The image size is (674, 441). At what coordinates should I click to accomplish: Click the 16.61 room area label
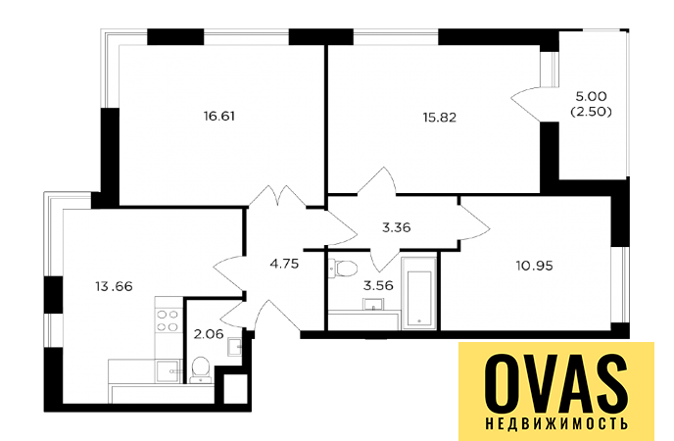click(219, 117)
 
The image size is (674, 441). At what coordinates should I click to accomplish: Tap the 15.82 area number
click(439, 118)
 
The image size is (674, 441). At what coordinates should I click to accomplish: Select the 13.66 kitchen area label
click(114, 286)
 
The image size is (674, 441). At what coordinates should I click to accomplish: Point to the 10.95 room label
click(534, 266)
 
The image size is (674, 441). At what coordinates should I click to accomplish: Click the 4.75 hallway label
click(284, 264)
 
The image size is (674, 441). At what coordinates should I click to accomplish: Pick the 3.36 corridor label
click(397, 227)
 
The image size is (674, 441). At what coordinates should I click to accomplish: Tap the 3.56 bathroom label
click(378, 285)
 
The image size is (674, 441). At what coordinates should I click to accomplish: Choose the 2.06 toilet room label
click(209, 334)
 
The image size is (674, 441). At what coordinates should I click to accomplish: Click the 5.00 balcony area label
click(591, 96)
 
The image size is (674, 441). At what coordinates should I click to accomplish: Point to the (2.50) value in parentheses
click(591, 112)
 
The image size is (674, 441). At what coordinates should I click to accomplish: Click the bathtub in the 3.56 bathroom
click(418, 293)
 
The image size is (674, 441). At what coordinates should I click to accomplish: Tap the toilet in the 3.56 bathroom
click(343, 269)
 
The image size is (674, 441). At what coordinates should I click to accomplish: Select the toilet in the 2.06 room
click(201, 369)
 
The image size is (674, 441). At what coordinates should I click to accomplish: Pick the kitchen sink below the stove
click(168, 371)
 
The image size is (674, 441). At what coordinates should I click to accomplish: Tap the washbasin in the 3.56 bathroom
click(374, 305)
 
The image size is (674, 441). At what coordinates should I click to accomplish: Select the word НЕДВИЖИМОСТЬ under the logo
click(556, 423)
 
